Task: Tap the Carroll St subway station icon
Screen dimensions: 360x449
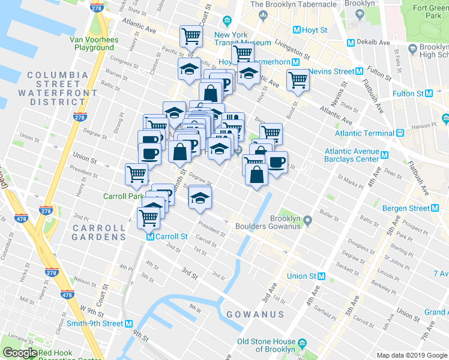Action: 151,236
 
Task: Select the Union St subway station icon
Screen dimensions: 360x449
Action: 322,277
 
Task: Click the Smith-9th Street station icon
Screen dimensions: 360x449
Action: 128,323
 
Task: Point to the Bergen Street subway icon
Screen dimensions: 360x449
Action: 435,208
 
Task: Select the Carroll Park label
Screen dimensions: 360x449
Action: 123,196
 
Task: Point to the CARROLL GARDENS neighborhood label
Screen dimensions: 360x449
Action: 99,232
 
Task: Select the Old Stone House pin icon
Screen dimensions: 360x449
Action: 302,343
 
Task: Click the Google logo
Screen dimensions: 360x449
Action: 20,353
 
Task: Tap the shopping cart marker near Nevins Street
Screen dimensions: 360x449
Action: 297,79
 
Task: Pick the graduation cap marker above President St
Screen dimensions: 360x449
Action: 200,196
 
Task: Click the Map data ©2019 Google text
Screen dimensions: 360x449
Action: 412,355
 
